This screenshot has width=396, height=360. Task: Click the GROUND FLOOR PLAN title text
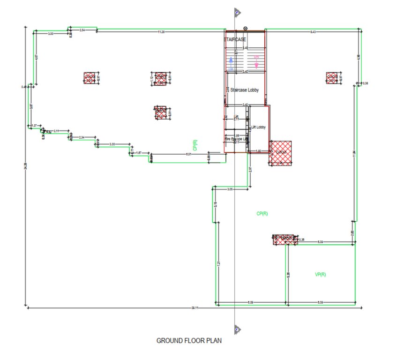tap(189, 341)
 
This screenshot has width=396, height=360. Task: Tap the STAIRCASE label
tap(236, 39)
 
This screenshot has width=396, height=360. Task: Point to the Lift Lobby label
tap(259, 127)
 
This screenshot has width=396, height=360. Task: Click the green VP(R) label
tap(321, 274)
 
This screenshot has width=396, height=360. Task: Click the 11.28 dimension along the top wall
tap(161, 31)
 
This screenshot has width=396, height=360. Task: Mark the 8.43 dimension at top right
tap(313, 31)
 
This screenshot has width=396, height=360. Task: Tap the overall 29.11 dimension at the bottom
tap(194, 308)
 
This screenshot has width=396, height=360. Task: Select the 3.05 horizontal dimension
tap(230, 189)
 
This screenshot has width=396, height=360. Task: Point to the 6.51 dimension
tap(188, 154)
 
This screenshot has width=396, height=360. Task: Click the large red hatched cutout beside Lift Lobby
tap(280, 153)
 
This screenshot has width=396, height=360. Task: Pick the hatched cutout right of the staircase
tap(332, 78)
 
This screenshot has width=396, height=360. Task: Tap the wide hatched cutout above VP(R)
tap(284, 240)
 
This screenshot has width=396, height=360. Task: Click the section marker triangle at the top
tap(238, 13)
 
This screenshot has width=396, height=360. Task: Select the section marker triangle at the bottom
tap(238, 329)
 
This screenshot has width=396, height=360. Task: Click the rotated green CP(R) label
tap(194, 145)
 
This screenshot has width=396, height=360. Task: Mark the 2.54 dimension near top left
tap(82, 30)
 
